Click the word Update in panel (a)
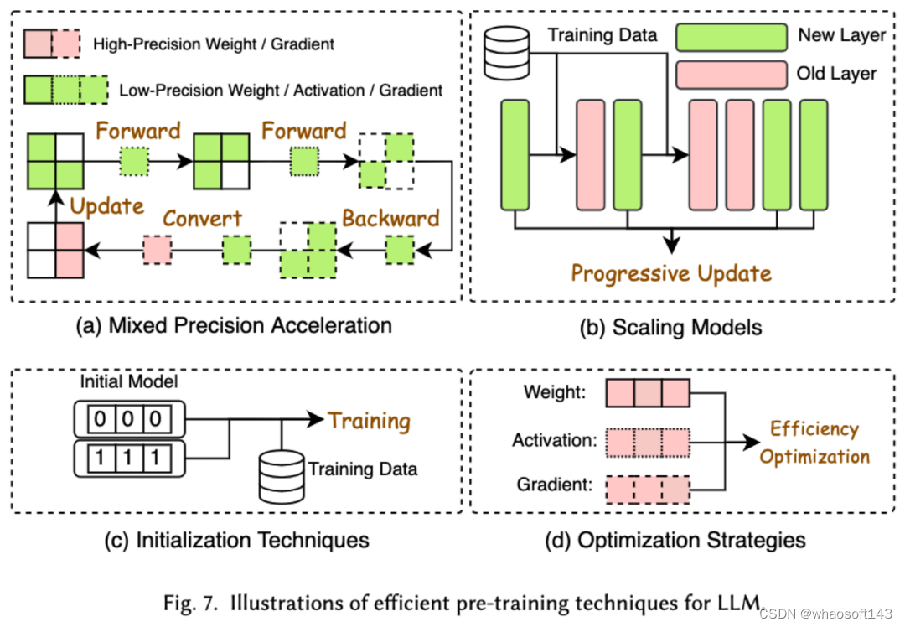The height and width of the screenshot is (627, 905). tap(107, 206)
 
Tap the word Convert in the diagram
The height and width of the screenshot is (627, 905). tap(202, 219)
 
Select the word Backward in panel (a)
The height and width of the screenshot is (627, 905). tap(390, 219)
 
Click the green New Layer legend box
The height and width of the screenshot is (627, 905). tap(729, 37)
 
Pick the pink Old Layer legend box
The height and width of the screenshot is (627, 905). tap(729, 74)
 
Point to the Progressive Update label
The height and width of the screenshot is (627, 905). tap(670, 273)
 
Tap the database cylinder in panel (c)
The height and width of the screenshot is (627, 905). tap(281, 474)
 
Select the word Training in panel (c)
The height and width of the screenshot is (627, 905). tap(369, 420)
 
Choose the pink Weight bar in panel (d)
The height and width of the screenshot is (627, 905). tap(647, 391)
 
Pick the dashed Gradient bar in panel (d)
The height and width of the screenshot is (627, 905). tap(647, 489)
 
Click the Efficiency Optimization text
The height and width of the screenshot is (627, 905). tap(814, 443)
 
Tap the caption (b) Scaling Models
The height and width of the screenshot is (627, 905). tap(670, 327)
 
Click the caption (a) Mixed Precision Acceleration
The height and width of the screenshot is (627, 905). tap(234, 324)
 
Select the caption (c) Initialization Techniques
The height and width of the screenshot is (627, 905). tap(236, 540)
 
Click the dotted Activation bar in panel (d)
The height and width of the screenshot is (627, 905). tap(647, 440)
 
